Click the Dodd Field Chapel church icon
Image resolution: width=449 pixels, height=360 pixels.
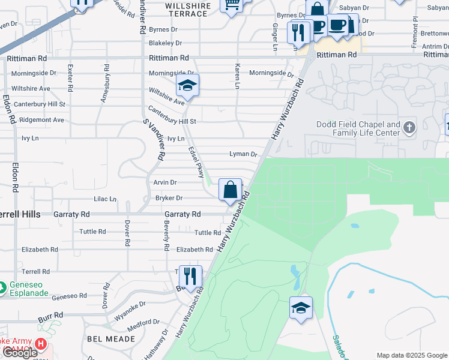(409, 127)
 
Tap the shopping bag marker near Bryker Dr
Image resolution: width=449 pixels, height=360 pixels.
(230, 190)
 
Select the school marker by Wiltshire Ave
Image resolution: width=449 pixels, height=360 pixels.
(187, 86)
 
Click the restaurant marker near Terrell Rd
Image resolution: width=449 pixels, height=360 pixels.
(190, 277)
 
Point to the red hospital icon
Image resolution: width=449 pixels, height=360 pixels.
(41, 344)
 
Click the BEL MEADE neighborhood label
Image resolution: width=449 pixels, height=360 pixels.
(106, 339)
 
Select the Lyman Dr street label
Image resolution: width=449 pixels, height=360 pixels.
(243, 154)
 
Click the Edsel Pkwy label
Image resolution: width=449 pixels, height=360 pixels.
(196, 163)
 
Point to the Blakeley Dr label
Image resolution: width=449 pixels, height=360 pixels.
(165, 43)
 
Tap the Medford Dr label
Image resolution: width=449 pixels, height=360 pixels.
(143, 328)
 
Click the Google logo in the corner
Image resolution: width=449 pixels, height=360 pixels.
(20, 352)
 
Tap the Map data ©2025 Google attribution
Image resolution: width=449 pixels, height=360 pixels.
(412, 355)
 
